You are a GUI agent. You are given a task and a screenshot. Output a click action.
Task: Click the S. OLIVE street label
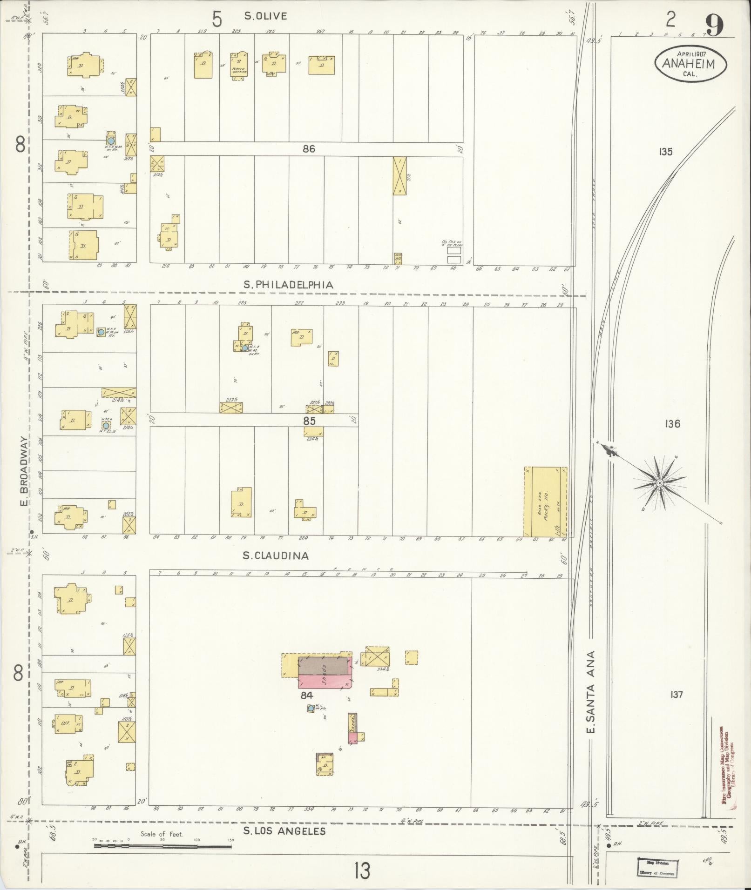(265, 16)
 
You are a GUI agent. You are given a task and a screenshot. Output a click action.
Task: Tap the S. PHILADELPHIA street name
(289, 285)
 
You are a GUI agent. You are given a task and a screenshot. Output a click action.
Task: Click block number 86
(309, 149)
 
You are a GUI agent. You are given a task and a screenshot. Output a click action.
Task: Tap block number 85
(309, 421)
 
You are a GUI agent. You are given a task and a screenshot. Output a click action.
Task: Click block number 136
(673, 424)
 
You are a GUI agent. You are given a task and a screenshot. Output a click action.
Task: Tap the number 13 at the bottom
(361, 870)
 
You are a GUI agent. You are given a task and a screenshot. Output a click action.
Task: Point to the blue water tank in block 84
(311, 721)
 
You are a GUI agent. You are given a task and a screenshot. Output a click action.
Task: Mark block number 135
(666, 151)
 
